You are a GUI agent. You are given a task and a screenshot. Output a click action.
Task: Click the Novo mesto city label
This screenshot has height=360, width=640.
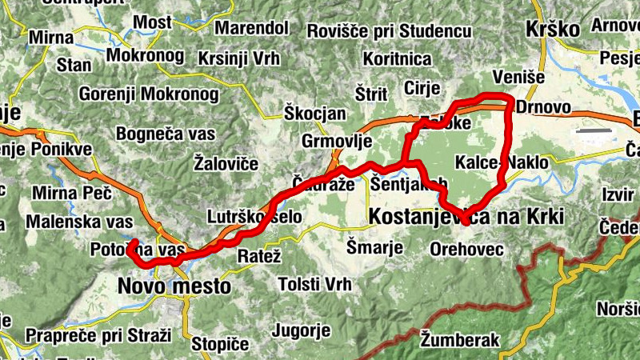(174, 285)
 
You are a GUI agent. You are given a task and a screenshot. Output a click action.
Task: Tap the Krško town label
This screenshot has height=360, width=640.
(552, 29)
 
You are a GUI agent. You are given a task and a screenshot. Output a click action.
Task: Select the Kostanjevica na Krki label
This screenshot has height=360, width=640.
(466, 216)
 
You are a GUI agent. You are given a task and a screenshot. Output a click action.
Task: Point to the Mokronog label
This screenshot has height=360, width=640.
(145, 58)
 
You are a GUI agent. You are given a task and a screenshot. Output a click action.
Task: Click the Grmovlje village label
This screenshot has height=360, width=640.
(338, 142)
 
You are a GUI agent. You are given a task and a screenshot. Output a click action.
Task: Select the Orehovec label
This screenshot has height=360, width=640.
(466, 250)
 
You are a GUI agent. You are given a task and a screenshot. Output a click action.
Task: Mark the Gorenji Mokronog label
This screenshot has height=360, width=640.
(148, 94)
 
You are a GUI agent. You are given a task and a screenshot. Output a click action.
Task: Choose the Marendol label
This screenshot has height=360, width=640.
(252, 29)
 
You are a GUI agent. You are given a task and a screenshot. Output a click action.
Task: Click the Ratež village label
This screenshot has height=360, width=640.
(260, 257)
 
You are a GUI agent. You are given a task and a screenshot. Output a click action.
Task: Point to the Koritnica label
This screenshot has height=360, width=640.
(397, 59)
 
